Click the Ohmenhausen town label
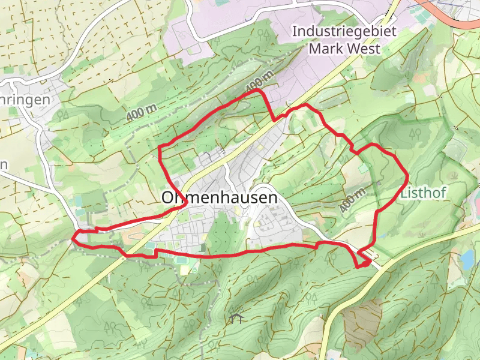(x=220, y=197)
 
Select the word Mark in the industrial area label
(x=325, y=48)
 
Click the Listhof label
(x=424, y=193)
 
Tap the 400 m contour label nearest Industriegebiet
(x=259, y=81)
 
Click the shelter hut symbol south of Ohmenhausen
(x=236, y=317)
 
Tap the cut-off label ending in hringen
(x=24, y=100)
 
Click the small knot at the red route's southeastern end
(x=364, y=262)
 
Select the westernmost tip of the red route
(x=73, y=238)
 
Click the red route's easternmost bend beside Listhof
(x=408, y=176)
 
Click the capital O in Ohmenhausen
(x=169, y=197)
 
